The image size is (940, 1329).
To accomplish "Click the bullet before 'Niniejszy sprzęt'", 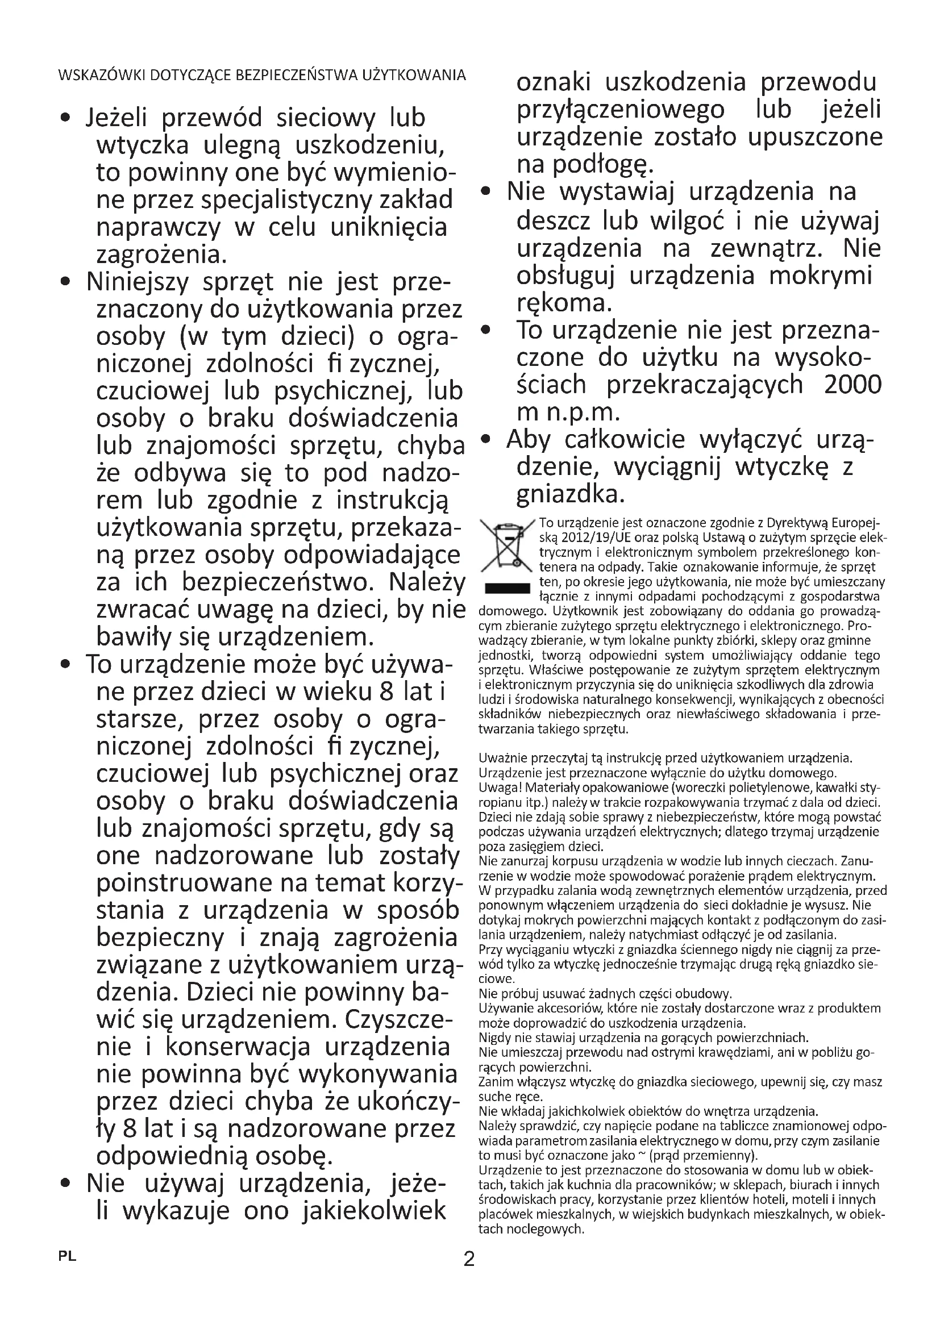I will pyautogui.click(x=66, y=283).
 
